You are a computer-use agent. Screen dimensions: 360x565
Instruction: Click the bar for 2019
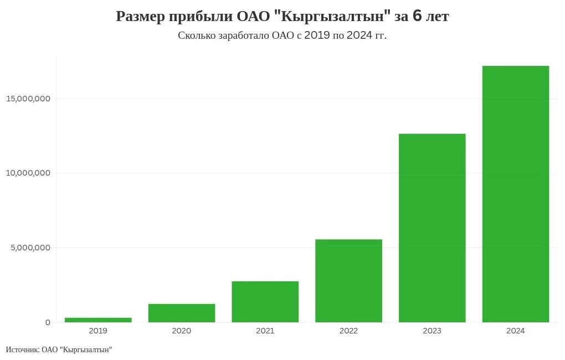98,320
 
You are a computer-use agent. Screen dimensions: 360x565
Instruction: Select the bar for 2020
182,313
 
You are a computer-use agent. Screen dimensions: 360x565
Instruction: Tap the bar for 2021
265,302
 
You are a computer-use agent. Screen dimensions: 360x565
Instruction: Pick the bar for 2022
348,281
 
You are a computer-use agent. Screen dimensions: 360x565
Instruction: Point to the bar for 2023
432,228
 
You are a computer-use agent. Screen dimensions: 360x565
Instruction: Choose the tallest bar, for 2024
516,194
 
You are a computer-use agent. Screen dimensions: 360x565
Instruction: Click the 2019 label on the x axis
98,331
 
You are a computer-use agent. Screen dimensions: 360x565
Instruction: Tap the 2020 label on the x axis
182,331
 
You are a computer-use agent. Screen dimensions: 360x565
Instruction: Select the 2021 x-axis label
265,331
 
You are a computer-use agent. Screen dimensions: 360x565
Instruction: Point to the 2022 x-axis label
348,331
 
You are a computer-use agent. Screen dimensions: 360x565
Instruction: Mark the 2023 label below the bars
432,331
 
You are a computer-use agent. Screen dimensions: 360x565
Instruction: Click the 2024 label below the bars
516,331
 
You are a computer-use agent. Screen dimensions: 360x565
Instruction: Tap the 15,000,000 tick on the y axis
28,99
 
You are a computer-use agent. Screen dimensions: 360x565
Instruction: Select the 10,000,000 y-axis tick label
28,173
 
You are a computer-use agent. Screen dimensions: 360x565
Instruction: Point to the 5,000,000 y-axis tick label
30,248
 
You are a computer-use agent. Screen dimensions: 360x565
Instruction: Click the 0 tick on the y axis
48,322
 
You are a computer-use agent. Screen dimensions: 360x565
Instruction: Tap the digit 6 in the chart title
417,17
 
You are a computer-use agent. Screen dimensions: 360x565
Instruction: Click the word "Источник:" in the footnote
22,349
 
